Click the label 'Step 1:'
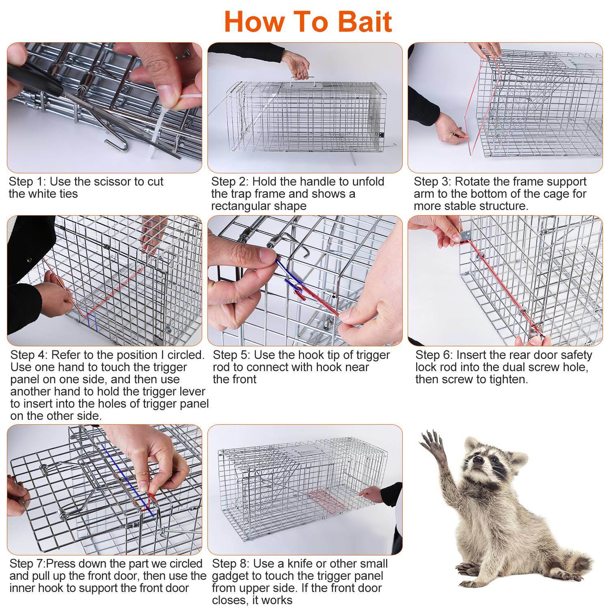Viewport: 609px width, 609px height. (27, 181)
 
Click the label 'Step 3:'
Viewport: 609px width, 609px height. (433, 181)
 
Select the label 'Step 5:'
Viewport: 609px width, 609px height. (231, 355)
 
